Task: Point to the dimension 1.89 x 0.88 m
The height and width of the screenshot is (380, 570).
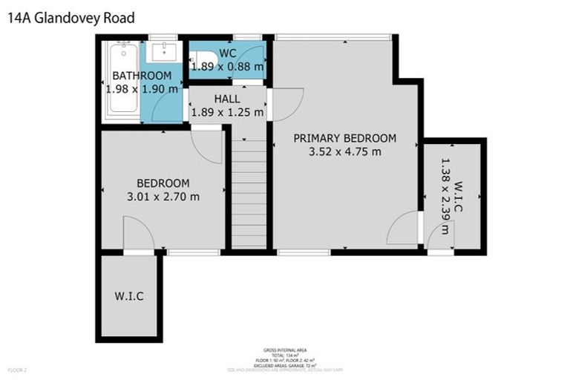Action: (x=227, y=67)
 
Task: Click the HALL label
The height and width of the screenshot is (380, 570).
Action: (x=227, y=99)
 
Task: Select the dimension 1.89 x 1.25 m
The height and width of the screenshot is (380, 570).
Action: (x=227, y=113)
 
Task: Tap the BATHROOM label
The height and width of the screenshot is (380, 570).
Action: (x=142, y=76)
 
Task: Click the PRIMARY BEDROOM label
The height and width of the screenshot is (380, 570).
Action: (x=344, y=138)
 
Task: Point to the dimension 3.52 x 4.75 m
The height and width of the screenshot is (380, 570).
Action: (x=344, y=152)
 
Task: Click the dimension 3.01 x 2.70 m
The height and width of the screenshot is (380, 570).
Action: (x=163, y=197)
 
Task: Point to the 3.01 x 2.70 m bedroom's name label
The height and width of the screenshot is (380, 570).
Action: (x=163, y=183)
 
